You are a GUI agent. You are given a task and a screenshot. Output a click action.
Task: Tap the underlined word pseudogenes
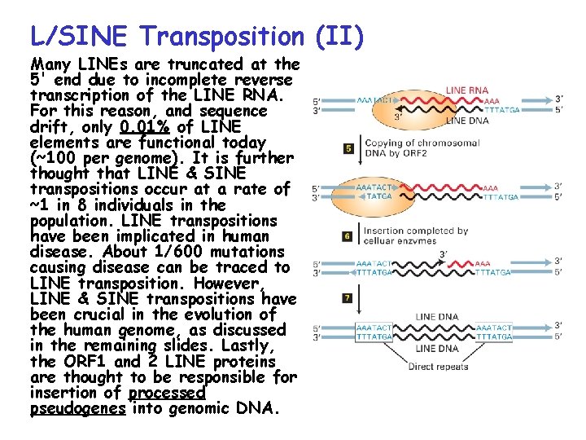(78, 409)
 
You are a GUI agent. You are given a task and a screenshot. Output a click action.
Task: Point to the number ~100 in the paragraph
(58, 158)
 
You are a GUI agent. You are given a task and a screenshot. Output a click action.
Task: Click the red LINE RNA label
(468, 90)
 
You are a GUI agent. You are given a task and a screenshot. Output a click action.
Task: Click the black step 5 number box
(348, 148)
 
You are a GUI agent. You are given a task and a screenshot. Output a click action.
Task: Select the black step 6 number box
(348, 236)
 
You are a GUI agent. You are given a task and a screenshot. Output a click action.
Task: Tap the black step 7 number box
(348, 298)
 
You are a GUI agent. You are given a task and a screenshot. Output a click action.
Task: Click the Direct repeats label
(438, 367)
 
